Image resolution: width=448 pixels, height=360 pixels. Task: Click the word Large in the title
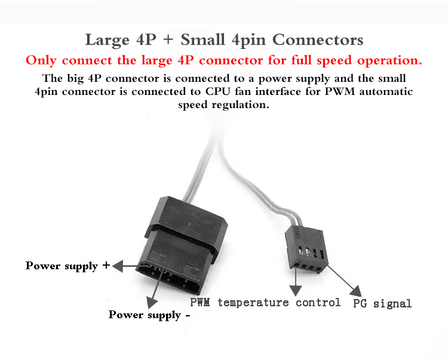click(x=107, y=40)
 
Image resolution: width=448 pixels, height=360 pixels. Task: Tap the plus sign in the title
click(x=168, y=39)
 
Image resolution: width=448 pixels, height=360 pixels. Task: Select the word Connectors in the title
click(x=318, y=39)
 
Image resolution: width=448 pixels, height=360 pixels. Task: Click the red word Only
click(x=41, y=60)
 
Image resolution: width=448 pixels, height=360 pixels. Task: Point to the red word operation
click(x=389, y=60)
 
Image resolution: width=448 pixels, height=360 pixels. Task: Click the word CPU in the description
click(x=217, y=91)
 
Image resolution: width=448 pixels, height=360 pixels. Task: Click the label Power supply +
click(x=67, y=266)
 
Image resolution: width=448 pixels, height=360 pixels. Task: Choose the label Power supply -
click(x=149, y=315)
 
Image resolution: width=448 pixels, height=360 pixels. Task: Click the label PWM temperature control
click(x=265, y=302)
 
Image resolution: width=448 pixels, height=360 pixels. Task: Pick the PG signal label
click(x=382, y=303)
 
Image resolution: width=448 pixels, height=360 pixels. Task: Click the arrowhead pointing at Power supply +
click(x=118, y=266)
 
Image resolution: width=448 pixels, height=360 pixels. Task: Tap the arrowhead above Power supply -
click(x=152, y=302)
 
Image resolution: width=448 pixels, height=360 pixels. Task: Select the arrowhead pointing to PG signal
click(x=356, y=291)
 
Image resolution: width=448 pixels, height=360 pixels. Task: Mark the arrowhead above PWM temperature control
click(x=296, y=290)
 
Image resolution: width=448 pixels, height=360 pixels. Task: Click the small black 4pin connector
click(x=306, y=249)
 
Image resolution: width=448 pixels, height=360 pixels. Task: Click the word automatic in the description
click(x=386, y=91)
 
